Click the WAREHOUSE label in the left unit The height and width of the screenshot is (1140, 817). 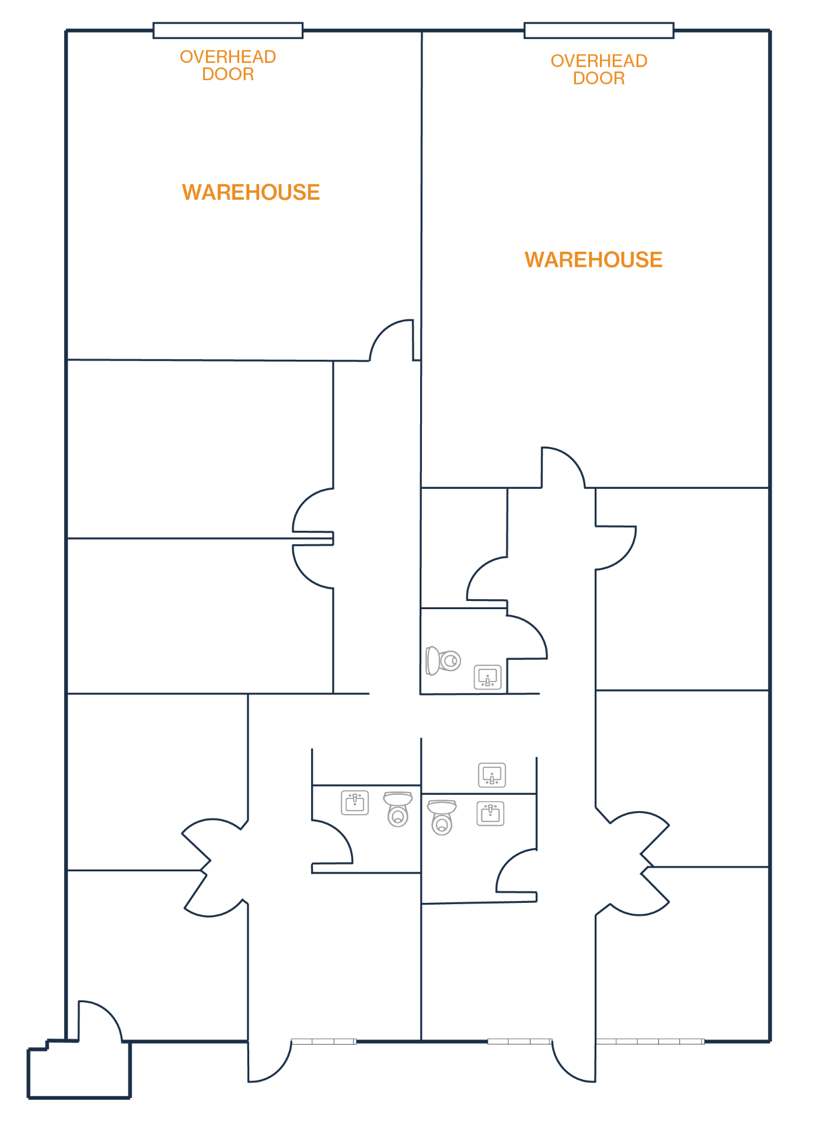point(251,192)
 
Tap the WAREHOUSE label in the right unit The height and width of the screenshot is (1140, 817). point(593,260)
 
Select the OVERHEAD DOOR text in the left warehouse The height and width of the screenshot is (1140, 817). point(228,65)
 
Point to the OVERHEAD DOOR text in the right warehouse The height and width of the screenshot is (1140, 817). point(599,69)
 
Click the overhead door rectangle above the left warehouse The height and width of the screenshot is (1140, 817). point(228,30)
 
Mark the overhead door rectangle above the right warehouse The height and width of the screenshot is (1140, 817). point(599,30)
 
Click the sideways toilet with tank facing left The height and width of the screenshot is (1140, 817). point(443,661)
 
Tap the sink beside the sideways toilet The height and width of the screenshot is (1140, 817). point(487,677)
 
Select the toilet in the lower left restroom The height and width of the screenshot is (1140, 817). point(398,809)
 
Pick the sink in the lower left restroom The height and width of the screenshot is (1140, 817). point(355,803)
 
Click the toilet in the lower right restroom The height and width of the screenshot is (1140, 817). point(442,817)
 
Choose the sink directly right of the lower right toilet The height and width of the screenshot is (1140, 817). point(490,814)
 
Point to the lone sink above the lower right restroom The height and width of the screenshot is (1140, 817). point(492,776)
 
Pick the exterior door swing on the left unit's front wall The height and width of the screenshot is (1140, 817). point(268,1061)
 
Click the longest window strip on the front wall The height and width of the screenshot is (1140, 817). point(650,1041)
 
